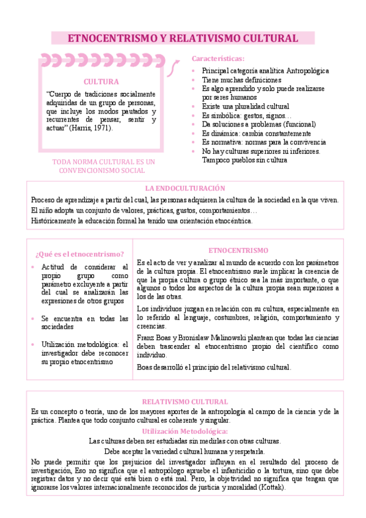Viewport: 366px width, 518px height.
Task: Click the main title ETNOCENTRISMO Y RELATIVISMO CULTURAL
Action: click(x=183, y=38)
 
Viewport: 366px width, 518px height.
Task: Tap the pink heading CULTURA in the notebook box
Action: click(x=101, y=81)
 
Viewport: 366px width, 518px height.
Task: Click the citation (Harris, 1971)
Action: click(x=91, y=128)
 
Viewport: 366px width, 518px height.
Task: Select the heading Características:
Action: click(x=218, y=59)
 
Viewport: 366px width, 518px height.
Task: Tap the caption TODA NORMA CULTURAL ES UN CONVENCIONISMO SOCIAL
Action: click(x=104, y=166)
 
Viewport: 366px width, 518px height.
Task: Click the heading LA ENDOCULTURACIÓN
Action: click(x=185, y=189)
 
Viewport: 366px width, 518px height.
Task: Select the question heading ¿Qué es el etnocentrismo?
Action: click(x=80, y=254)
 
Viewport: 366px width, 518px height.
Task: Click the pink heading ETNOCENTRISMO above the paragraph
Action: click(x=238, y=250)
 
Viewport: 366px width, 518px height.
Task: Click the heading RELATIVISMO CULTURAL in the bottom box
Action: click(x=185, y=402)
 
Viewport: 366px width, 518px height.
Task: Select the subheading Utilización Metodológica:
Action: click(x=185, y=431)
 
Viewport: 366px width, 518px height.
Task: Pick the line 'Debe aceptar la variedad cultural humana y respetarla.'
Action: click(x=185, y=451)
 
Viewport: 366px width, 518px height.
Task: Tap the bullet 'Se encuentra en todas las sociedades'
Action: click(x=85, y=323)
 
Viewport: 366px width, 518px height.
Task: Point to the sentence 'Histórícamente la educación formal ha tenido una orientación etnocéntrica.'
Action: click(x=141, y=221)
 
